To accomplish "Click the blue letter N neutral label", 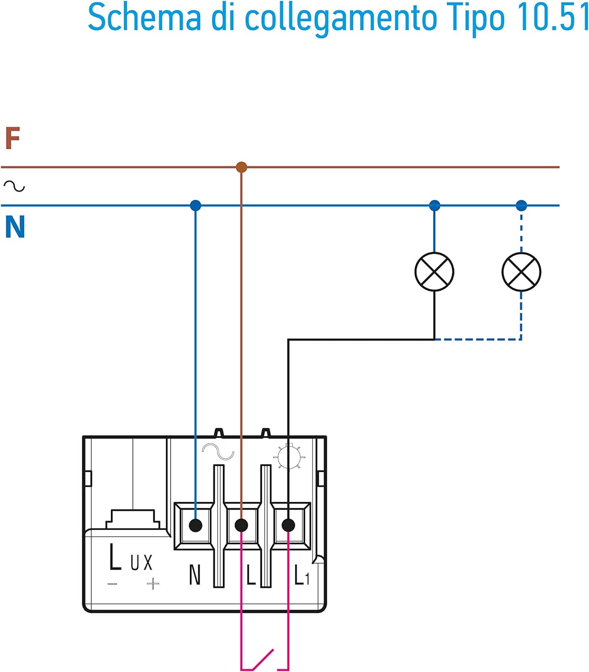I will coord(15,227).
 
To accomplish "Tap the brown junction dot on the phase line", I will coord(241,167).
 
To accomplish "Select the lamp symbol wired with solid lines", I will coord(434,272).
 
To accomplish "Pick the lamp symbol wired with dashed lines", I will coord(521,272).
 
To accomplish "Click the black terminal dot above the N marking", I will coord(195,525).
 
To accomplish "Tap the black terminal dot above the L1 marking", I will coord(288,525).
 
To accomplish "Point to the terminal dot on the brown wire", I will coord(241,525).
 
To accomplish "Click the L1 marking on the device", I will coord(302,575).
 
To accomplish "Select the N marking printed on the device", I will coord(195,575).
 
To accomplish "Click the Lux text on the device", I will coord(130,558).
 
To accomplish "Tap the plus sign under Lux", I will coord(153,584).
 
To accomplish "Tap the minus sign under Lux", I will coord(113,584).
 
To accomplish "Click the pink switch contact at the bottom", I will coord(264,659).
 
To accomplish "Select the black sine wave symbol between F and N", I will coord(14,186).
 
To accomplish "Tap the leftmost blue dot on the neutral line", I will coord(195,206).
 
